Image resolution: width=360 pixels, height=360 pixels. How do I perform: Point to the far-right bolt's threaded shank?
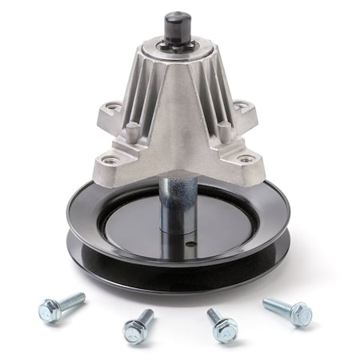[275, 304]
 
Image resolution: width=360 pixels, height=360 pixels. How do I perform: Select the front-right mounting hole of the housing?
[247, 158]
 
